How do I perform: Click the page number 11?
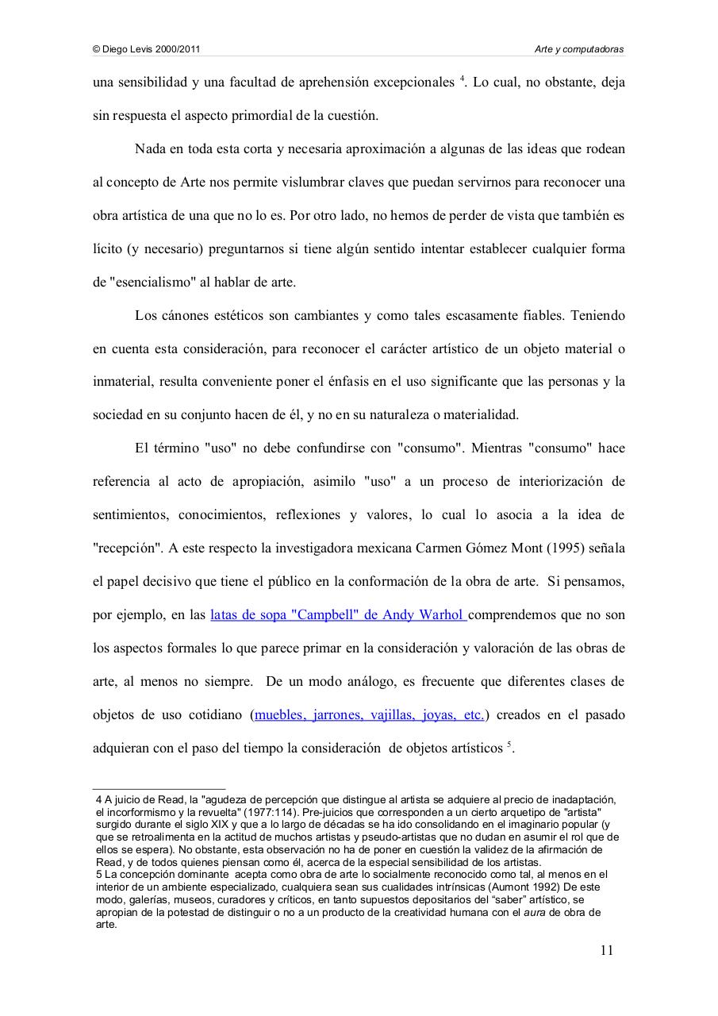click(606, 951)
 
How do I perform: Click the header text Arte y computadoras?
click(580, 49)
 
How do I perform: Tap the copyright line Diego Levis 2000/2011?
click(146, 49)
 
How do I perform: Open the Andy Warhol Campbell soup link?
click(338, 614)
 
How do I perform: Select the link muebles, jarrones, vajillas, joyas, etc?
click(370, 714)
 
